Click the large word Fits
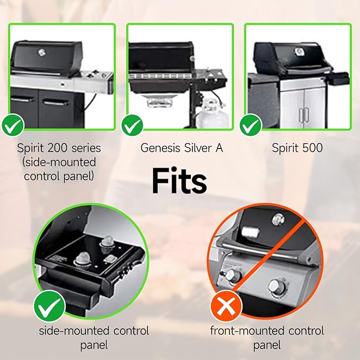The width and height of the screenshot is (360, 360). click(x=179, y=181)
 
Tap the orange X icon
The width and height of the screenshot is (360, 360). click(x=226, y=306)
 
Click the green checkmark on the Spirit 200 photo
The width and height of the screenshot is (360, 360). click(x=13, y=125)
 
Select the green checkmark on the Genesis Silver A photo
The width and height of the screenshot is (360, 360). click(x=132, y=125)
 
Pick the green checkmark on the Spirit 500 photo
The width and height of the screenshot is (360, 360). click(x=251, y=125)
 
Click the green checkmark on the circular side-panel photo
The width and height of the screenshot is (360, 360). click(x=49, y=305)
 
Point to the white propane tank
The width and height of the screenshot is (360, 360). click(x=213, y=113)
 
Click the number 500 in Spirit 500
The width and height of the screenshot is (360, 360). click(x=312, y=147)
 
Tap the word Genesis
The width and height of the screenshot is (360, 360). click(x=160, y=148)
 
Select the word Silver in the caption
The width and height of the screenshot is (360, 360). click(x=198, y=148)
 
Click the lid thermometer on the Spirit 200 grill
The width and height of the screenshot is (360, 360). click(x=41, y=52)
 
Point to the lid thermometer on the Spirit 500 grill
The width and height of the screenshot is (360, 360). click(x=299, y=51)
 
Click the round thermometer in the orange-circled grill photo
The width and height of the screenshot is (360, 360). click(x=278, y=219)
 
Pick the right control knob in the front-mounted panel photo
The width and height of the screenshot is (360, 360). click(x=277, y=287)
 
